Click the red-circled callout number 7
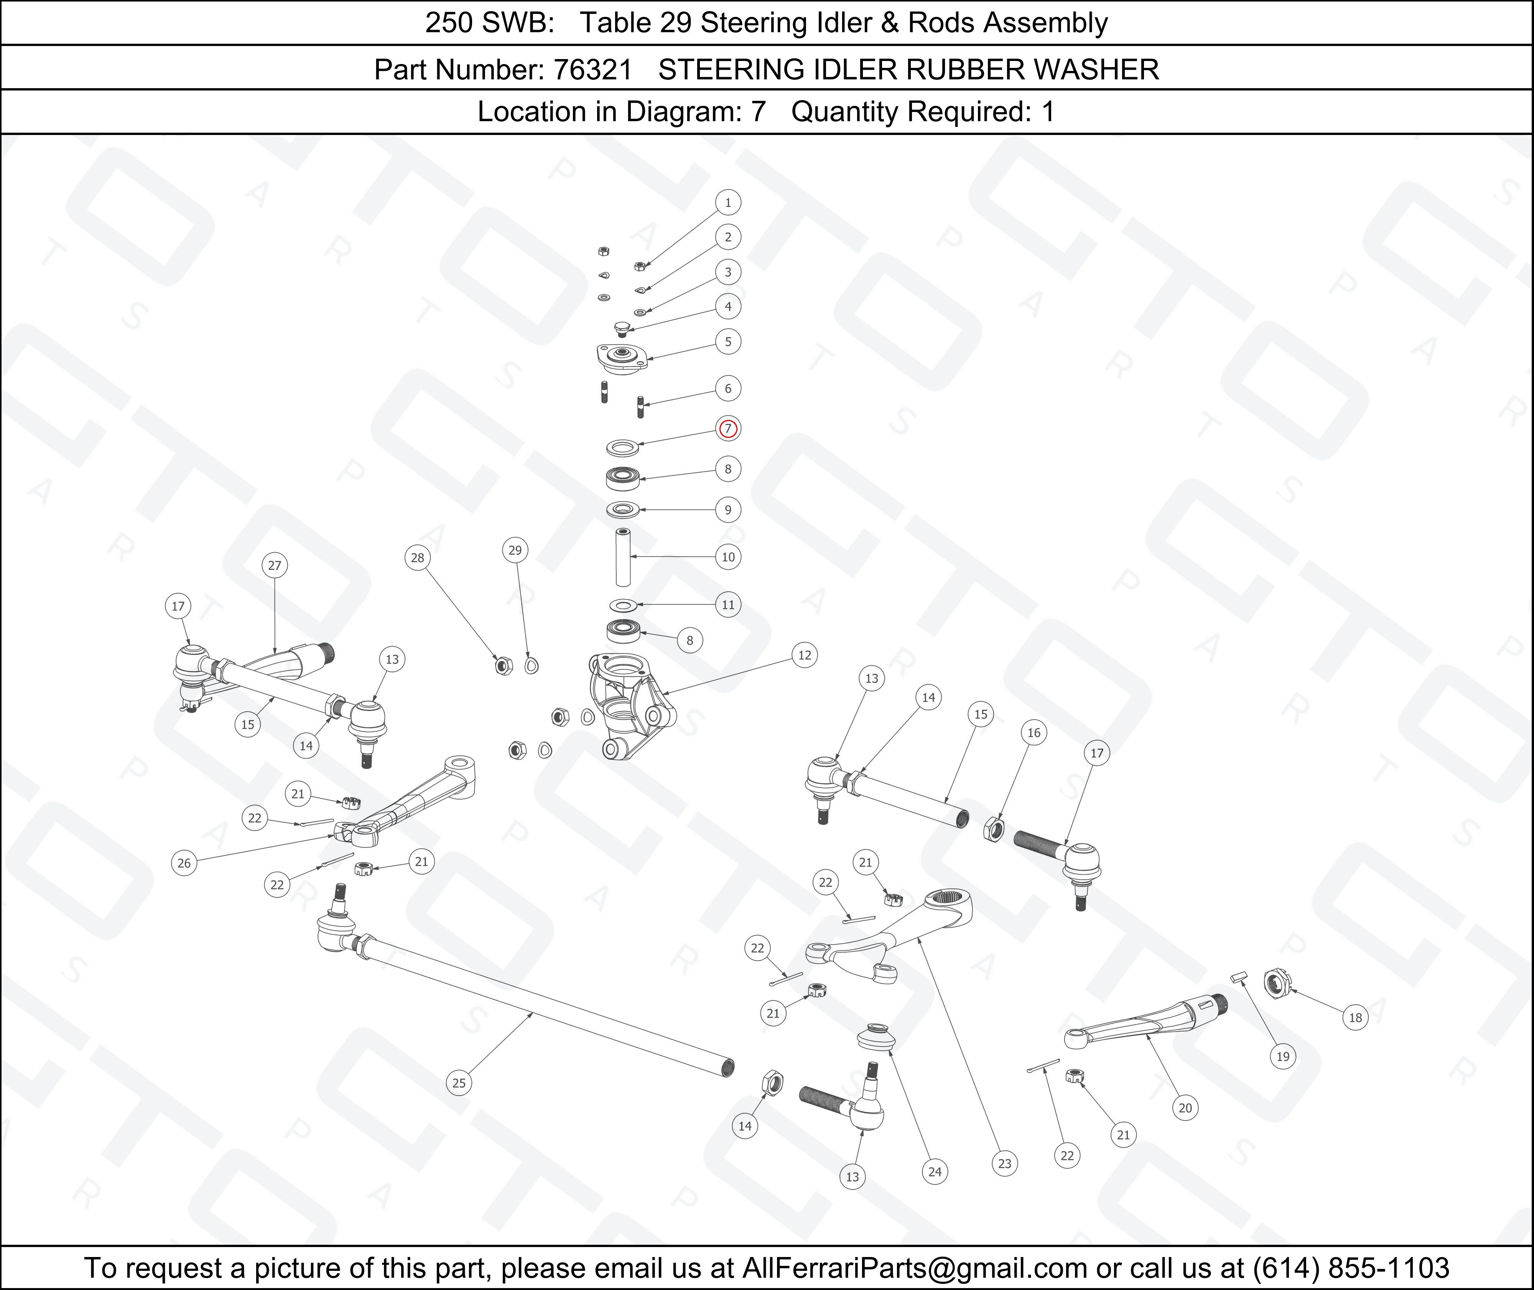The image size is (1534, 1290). pos(727,429)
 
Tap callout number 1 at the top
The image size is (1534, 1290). pos(727,202)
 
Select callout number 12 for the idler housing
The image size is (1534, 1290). pos(804,655)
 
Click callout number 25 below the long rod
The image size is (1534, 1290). pos(458,1083)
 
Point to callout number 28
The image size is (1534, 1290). pos(417,558)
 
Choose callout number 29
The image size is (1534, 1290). pos(515,550)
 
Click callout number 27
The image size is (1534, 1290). pos(274,565)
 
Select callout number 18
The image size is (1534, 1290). pos(1355,1017)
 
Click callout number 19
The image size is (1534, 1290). pos(1282,1056)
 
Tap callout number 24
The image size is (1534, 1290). pos(935,1172)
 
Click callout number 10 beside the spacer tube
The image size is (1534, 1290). pos(727,557)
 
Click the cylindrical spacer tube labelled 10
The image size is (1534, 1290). pos(623,557)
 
